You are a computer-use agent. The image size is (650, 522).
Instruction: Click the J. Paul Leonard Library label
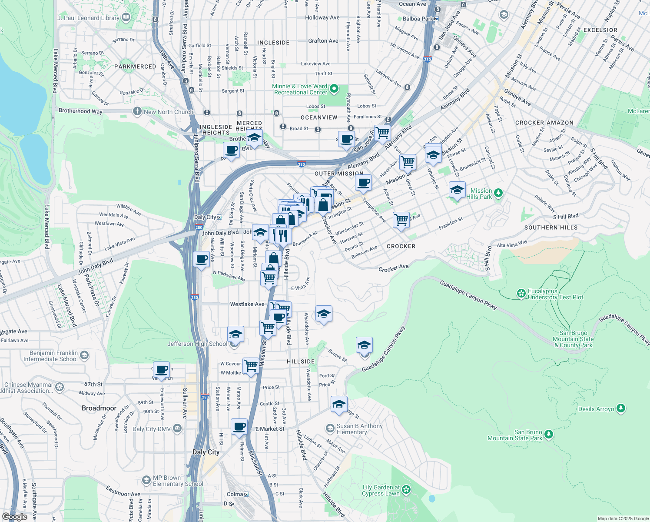88,18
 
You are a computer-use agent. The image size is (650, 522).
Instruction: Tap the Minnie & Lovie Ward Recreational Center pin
334,89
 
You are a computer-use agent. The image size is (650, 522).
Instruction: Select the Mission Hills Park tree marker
498,192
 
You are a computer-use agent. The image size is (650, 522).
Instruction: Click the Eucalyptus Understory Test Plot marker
521,294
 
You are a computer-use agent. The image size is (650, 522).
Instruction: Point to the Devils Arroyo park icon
621,408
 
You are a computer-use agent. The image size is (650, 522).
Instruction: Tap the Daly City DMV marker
177,429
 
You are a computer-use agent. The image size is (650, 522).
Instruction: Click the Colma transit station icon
246,494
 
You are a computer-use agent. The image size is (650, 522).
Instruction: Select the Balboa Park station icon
436,19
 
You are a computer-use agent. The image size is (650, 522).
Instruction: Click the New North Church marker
137,111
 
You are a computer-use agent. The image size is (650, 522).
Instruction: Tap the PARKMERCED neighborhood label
135,67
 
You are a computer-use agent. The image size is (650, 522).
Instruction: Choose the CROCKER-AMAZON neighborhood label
544,123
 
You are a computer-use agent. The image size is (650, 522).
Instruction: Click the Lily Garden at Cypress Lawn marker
406,490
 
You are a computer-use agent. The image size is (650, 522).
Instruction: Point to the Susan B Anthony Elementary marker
330,429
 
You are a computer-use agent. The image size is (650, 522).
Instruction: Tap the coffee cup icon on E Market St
239,426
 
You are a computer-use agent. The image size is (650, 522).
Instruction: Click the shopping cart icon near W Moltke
251,365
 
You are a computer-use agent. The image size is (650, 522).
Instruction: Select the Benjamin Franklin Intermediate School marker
84,355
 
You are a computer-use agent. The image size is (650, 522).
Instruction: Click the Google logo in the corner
14,516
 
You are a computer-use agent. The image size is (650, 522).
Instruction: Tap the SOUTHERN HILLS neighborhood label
551,228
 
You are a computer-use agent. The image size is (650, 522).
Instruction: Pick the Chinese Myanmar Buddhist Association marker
60,387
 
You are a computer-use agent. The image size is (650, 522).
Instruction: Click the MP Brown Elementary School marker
146,480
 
